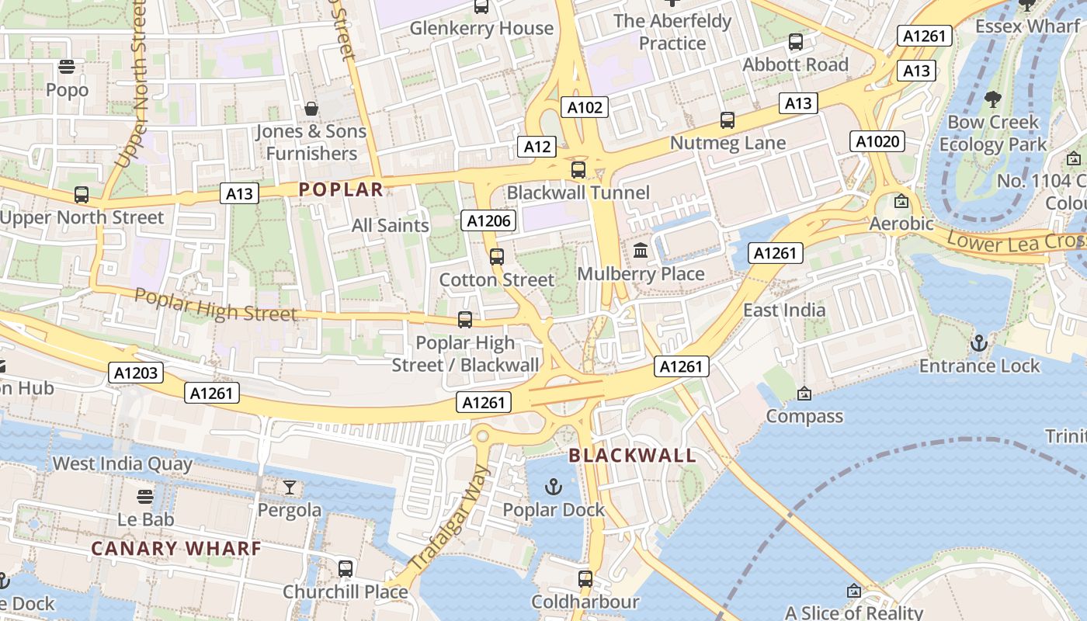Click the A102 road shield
[585, 107]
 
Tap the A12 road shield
[537, 146]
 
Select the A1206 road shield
[489, 221]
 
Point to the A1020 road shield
[878, 141]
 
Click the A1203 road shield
[136, 373]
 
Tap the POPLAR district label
[341, 189]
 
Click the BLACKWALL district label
[632, 455]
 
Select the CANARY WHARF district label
[176, 548]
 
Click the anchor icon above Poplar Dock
[553, 487]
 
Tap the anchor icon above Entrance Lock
[979, 342]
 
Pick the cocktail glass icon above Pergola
[290, 487]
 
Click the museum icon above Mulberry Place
[641, 251]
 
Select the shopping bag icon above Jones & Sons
[311, 109]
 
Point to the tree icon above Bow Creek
[992, 99]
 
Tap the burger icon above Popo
[67, 67]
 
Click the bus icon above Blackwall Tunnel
[578, 170]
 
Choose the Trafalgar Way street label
[450, 519]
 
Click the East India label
[784, 310]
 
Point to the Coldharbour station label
[585, 602]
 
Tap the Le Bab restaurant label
[146, 519]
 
